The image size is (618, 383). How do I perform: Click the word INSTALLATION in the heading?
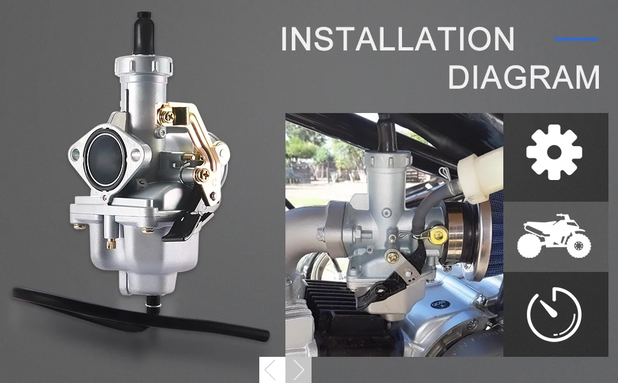pos(398,39)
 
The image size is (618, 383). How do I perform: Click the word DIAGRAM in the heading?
pos(524,77)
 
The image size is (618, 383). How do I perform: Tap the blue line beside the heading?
pos(576,39)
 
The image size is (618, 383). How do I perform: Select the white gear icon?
pos(554,153)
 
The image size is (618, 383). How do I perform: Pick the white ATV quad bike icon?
pos(554,236)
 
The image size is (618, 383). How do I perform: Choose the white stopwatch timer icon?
pos(554,314)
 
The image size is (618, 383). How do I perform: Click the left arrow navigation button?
pos(272,370)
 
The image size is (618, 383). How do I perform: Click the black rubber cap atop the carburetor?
pos(143,33)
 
